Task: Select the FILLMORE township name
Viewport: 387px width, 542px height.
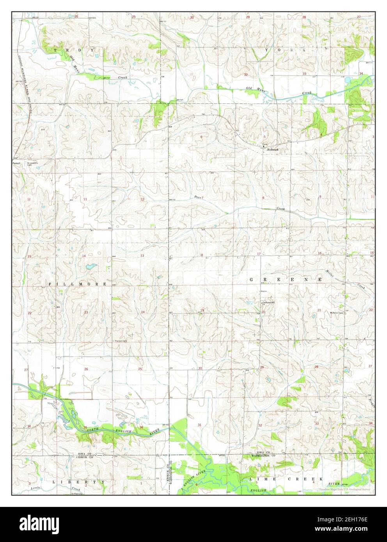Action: [78, 284]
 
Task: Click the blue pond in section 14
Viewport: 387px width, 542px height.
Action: [91, 267]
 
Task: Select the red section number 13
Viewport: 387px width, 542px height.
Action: [142, 256]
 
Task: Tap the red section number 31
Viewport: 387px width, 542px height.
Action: [200, 425]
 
